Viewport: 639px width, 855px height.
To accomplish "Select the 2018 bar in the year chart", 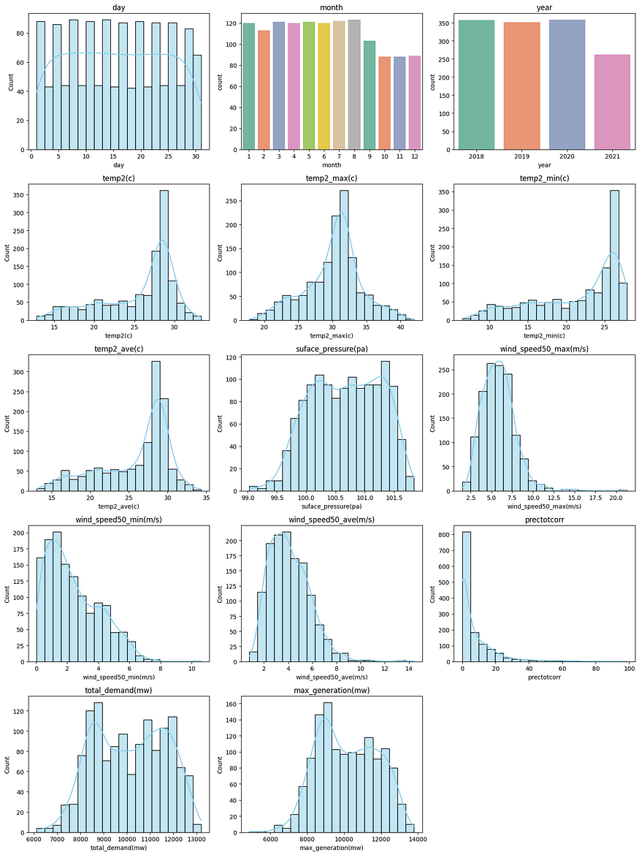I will point(476,85).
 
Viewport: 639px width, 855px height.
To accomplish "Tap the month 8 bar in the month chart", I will point(354,85).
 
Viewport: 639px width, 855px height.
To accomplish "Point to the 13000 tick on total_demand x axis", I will point(194,839).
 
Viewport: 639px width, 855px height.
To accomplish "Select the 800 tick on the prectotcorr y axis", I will point(447,536).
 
